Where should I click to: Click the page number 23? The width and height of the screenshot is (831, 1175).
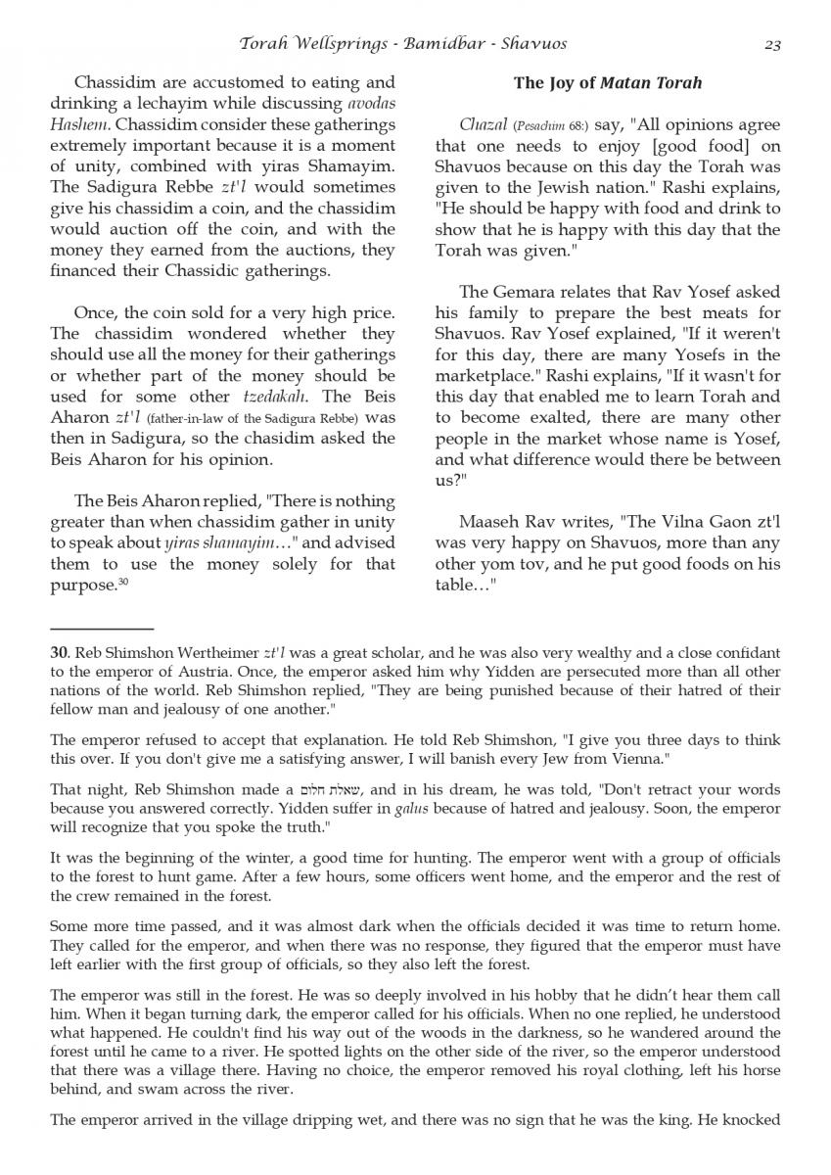770,43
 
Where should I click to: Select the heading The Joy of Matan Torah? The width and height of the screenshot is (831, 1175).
608,83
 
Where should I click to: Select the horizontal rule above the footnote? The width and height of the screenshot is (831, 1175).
102,628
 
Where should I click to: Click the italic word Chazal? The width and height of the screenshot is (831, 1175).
483,126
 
